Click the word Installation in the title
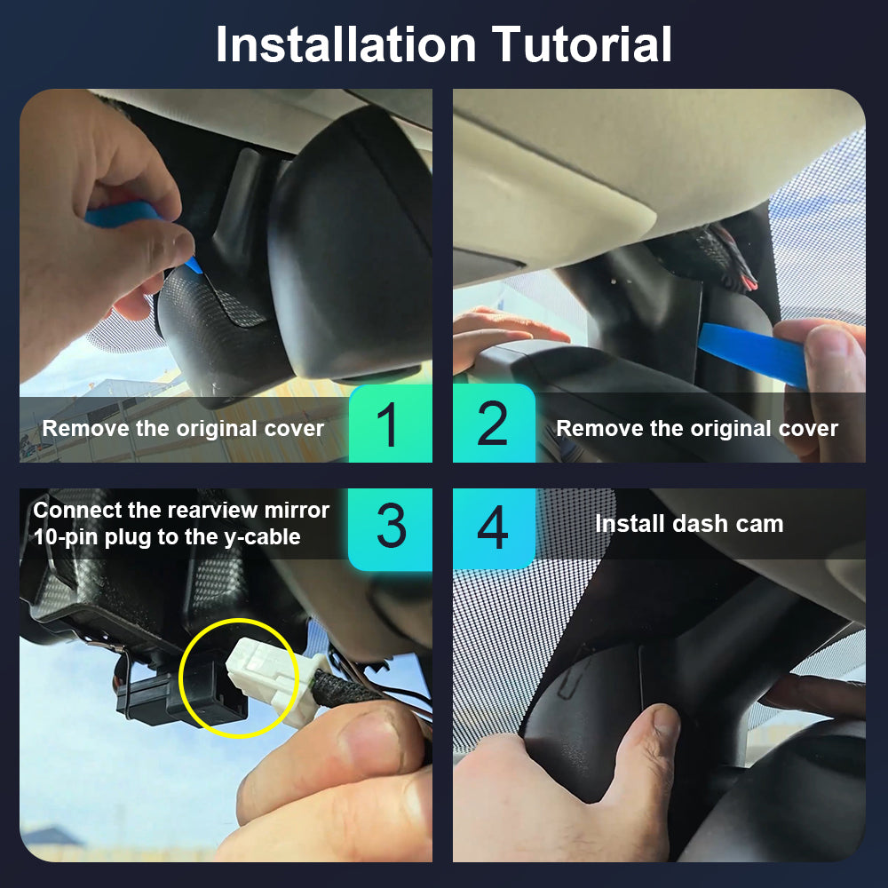click(346, 44)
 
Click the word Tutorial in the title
click(582, 44)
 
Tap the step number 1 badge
click(390, 423)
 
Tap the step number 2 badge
click(494, 423)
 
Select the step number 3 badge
click(390, 528)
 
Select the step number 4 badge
click(494, 528)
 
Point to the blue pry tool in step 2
click(753, 353)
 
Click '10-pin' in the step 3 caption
click(65, 537)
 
